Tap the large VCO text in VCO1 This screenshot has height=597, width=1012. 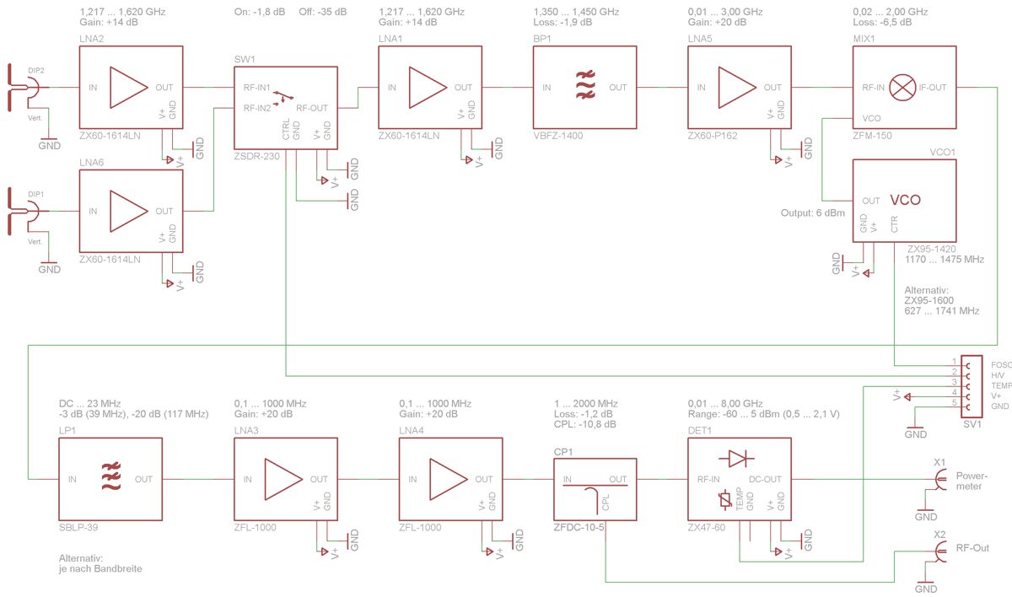pos(906,200)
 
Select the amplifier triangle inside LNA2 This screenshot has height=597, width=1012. pos(129,88)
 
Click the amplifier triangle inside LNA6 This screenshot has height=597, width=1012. pos(129,212)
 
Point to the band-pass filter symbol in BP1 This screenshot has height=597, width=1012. pos(585,84)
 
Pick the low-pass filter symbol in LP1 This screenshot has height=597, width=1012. pos(111,476)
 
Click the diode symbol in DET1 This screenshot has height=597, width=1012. pos(736,460)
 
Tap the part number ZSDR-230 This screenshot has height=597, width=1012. pos(256,156)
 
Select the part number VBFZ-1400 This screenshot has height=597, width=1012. pos(558,136)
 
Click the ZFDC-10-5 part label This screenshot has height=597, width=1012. pos(579,527)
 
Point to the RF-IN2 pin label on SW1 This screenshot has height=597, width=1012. pos(257,108)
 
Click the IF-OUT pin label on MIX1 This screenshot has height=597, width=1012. pos(933,88)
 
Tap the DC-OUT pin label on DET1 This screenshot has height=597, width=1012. pos(765,479)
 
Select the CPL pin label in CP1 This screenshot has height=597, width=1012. pos(606,503)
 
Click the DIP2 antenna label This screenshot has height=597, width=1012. pos(36,71)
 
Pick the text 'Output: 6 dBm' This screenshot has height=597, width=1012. pos(813,212)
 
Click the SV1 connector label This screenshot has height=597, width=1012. pos(972,424)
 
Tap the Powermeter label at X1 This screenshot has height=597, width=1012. pos(972,481)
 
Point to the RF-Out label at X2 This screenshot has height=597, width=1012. pos(972,548)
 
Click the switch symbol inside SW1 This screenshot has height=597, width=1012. pos(283,98)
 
